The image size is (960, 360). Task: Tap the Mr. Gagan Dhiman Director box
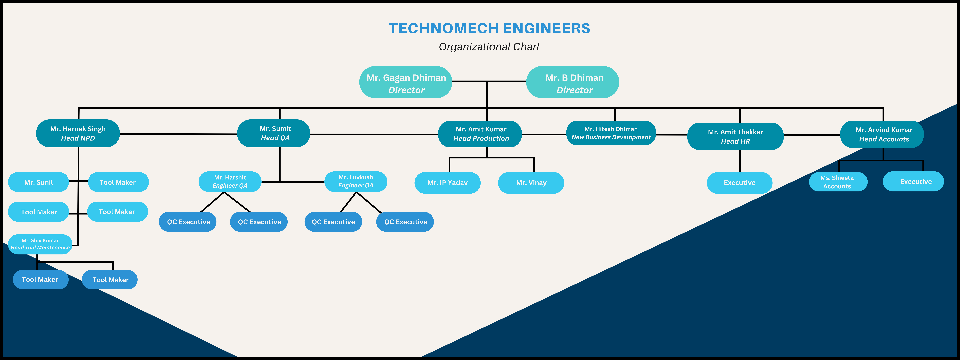[x=406, y=82]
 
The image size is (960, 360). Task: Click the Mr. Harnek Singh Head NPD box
[x=78, y=133]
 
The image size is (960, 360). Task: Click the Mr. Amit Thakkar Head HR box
[x=735, y=136]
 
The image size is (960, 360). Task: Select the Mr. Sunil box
[x=38, y=182]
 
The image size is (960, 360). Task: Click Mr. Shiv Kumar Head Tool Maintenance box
[x=40, y=244]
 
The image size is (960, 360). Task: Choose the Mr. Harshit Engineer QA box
[x=230, y=181]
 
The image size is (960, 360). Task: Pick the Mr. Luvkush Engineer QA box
[x=356, y=181]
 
